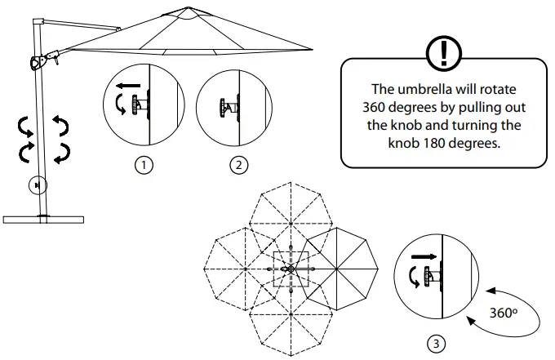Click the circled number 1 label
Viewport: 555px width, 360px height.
(x=144, y=165)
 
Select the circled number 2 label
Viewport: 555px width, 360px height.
(x=238, y=165)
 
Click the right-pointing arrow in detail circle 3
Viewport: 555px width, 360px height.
(x=423, y=257)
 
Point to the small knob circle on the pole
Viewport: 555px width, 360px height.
(x=36, y=185)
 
